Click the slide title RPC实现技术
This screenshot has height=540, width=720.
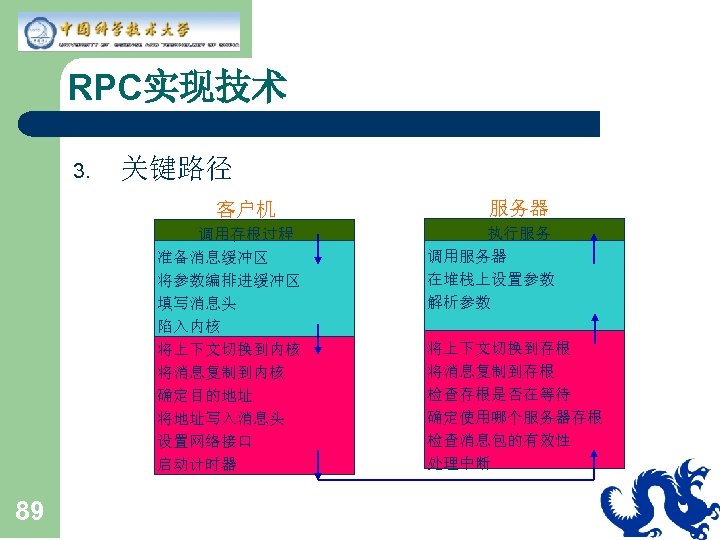coord(178,88)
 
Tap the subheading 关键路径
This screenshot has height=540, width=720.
coord(176,168)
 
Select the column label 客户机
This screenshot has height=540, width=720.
coord(246,209)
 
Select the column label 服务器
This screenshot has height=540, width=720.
coord(519,207)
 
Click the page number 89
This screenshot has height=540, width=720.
coord(30,513)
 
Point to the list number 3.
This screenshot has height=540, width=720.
coord(82,171)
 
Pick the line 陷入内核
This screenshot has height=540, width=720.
coord(188,326)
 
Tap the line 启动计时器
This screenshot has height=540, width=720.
coord(197,464)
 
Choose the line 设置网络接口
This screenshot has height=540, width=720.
coord(205,441)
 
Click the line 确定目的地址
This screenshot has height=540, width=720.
coord(205,395)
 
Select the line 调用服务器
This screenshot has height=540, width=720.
coord(466,256)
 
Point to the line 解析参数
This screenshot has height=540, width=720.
coord(458,302)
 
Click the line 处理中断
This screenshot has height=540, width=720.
coord(458,463)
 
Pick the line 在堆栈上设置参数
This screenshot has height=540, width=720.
coord(490,279)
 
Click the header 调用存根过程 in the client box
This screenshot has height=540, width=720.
coord(245,233)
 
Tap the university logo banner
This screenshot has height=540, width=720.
coord(129,31)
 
